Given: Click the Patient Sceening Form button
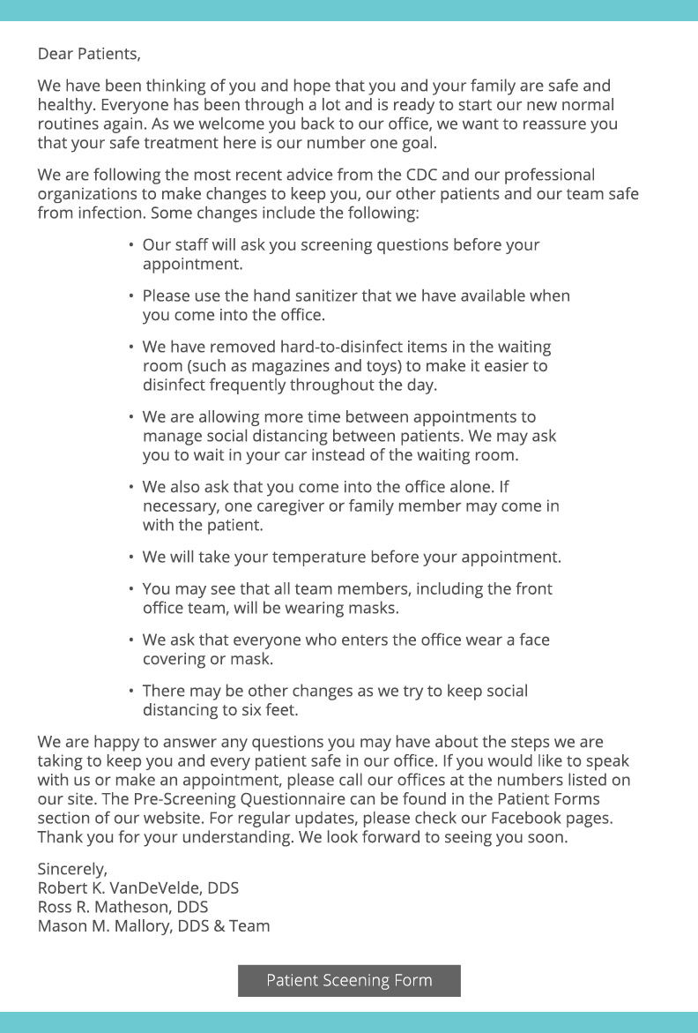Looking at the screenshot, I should tap(349, 980).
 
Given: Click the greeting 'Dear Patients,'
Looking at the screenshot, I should tap(88, 54).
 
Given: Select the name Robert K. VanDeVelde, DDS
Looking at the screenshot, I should tap(137, 887).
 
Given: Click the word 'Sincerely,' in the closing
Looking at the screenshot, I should tap(72, 868).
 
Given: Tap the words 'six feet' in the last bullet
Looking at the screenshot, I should tap(268, 710).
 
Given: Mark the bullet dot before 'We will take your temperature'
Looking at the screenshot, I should tap(131, 558).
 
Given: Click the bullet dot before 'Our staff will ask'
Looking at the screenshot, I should tap(131, 244).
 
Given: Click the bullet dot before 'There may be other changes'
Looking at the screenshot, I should tap(131, 691).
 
